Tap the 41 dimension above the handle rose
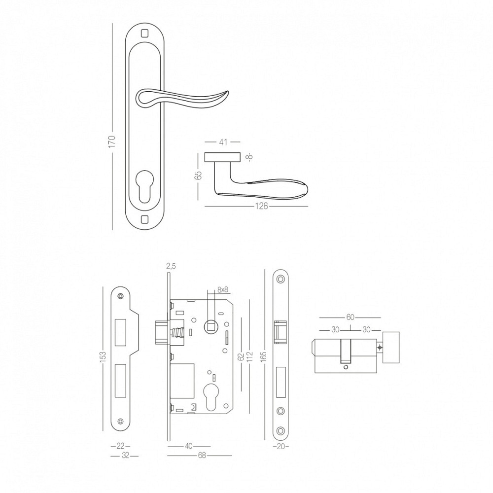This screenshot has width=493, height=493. pos(223,142)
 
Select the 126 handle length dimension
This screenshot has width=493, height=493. pos(261,206)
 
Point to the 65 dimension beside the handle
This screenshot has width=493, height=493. pos(199,176)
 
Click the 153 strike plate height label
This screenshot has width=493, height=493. pos(103,356)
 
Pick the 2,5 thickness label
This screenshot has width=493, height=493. pos(171,267)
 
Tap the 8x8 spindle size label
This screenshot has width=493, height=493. pos(222,290)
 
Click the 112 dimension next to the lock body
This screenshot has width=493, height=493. pos(249,357)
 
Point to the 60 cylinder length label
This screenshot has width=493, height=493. pos(350,317)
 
